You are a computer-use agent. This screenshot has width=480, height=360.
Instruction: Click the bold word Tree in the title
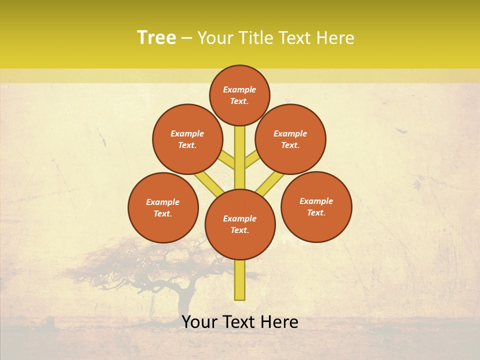pyautogui.click(x=156, y=38)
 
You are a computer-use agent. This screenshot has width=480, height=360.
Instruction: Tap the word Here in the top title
pyautogui.click(x=335, y=38)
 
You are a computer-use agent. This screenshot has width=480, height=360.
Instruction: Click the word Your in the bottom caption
pyautogui.click(x=200, y=322)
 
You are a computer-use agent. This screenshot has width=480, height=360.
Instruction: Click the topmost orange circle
pyautogui.click(x=239, y=95)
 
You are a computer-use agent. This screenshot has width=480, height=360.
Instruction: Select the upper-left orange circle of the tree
pyautogui.click(x=187, y=139)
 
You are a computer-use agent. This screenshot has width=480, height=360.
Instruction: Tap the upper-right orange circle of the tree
pyautogui.click(x=290, y=139)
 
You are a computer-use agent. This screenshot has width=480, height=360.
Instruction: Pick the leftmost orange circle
pyautogui.click(x=163, y=207)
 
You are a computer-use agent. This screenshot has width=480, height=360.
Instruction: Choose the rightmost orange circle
pyautogui.click(x=316, y=206)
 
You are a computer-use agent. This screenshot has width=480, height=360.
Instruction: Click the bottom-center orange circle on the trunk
pyautogui.click(x=240, y=224)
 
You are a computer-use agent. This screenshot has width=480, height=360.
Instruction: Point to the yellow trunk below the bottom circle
pyautogui.click(x=240, y=280)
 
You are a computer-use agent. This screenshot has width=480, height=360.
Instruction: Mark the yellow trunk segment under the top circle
pyautogui.click(x=240, y=150)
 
